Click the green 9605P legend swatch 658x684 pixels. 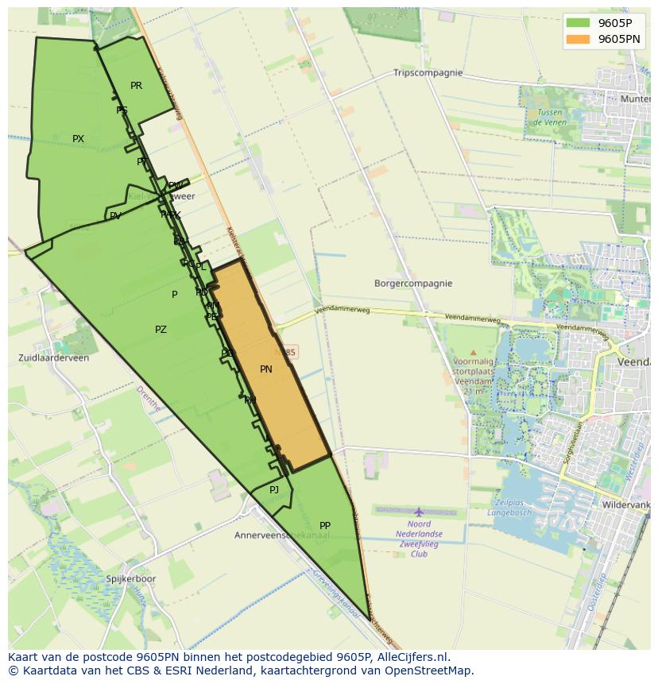[x=578, y=23]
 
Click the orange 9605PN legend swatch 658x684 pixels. [x=578, y=39]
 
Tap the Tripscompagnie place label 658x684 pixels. [x=428, y=73]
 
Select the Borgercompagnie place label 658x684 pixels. [x=413, y=284]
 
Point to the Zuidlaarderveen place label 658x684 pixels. [x=54, y=358]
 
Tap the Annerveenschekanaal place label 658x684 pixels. [x=281, y=535]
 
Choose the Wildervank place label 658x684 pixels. [x=627, y=504]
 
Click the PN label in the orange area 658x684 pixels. [x=266, y=369]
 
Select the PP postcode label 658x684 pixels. [x=325, y=526]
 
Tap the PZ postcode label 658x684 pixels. [x=161, y=330]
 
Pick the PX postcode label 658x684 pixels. [x=78, y=139]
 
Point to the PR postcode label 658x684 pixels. [x=136, y=86]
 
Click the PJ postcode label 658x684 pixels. [x=274, y=490]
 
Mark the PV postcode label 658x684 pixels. [x=115, y=216]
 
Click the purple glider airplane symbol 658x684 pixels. [x=419, y=512]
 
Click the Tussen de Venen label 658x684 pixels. [x=548, y=118]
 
